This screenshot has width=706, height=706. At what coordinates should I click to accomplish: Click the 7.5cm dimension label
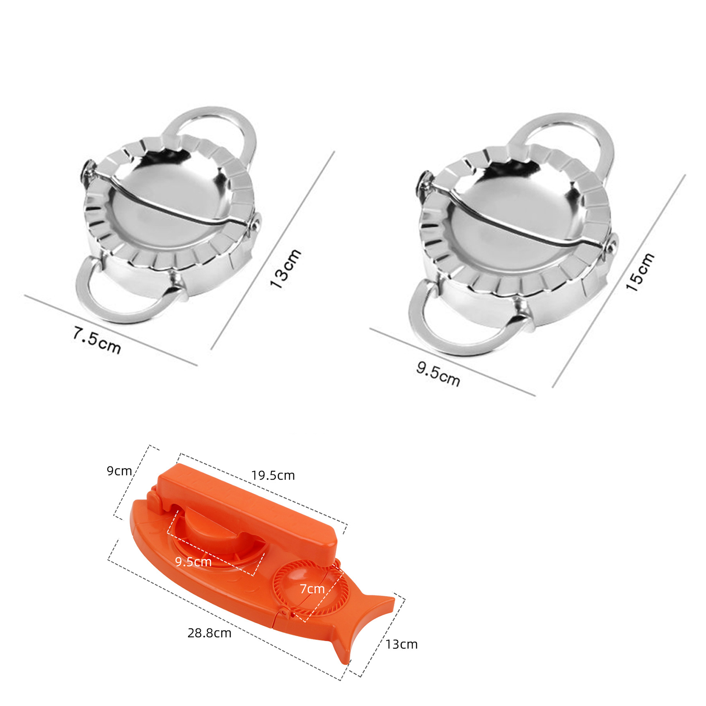[97, 340]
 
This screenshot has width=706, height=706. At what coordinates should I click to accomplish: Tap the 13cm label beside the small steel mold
[285, 269]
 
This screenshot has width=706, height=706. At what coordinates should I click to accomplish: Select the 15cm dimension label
[640, 272]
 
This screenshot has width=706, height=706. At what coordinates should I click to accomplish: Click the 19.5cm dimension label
[273, 476]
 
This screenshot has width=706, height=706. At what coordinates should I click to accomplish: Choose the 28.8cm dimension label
[210, 633]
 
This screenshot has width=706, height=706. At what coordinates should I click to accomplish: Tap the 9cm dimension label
[119, 471]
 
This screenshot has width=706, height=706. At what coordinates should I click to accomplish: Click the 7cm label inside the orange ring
[312, 589]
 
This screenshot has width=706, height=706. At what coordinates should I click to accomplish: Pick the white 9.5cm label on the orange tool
[193, 562]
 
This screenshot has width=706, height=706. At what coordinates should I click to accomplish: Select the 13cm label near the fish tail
[402, 644]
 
